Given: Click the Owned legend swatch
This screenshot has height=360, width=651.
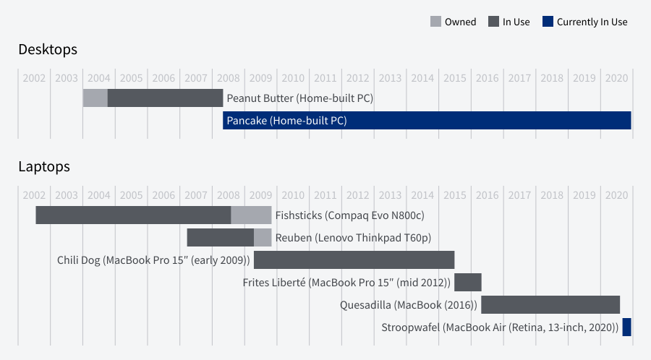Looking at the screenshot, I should [435, 22].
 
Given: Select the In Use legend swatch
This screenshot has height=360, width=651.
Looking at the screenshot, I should [493, 22].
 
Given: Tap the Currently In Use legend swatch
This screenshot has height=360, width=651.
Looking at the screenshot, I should [548, 22].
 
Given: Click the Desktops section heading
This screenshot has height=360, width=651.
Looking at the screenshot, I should [48, 50].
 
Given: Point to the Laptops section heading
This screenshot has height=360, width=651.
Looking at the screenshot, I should [44, 166].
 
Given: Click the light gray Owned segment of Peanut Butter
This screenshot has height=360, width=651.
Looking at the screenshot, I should [95, 98].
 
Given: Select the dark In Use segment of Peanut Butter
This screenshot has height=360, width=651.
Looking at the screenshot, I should [165, 98].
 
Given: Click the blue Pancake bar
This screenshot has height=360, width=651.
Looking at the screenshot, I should [427, 120].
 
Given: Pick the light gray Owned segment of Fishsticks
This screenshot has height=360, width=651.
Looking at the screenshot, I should [251, 215].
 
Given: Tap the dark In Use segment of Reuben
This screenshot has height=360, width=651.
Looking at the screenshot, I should [220, 237].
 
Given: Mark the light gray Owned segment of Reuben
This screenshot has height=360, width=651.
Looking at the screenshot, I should [263, 237].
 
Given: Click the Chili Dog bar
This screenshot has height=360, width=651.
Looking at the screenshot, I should [354, 260].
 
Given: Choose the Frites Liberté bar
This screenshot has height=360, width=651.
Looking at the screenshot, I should [467, 282].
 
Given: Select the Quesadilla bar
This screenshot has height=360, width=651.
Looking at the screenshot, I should [550, 304].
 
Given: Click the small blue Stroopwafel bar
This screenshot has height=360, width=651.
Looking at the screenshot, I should [626, 327].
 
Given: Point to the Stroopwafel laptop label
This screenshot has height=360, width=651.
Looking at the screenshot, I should [500, 327].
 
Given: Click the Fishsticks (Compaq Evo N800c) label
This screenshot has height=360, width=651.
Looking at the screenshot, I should [349, 215].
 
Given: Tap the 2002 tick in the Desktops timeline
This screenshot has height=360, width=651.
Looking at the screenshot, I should [34, 78].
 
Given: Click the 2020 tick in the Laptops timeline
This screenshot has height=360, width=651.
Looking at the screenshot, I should [616, 195].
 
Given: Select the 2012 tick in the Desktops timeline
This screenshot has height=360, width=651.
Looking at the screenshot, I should [357, 78].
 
